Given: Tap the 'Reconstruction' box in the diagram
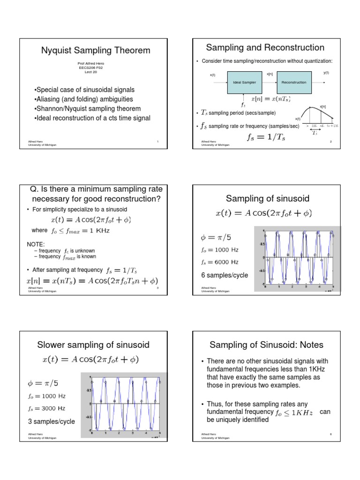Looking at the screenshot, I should coord(293,82).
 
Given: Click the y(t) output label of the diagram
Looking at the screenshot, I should coord(326,73).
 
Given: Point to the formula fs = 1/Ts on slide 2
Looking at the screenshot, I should coord(266,137).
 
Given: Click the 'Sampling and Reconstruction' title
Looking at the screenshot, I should coord(265,47).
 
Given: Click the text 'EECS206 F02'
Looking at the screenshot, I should coord(91,67).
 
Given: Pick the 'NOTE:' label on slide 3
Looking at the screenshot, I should coord(36,244).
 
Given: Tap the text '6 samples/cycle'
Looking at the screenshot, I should coord(224,275).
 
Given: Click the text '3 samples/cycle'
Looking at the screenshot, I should coord(52,421).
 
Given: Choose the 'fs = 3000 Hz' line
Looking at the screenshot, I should coord(47,408).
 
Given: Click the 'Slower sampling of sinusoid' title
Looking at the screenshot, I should coord(93,345).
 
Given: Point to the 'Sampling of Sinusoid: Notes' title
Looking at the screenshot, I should coord(266,345).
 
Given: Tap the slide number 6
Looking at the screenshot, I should coord(330,435).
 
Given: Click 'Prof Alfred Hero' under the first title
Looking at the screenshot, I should coord(91,63).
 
